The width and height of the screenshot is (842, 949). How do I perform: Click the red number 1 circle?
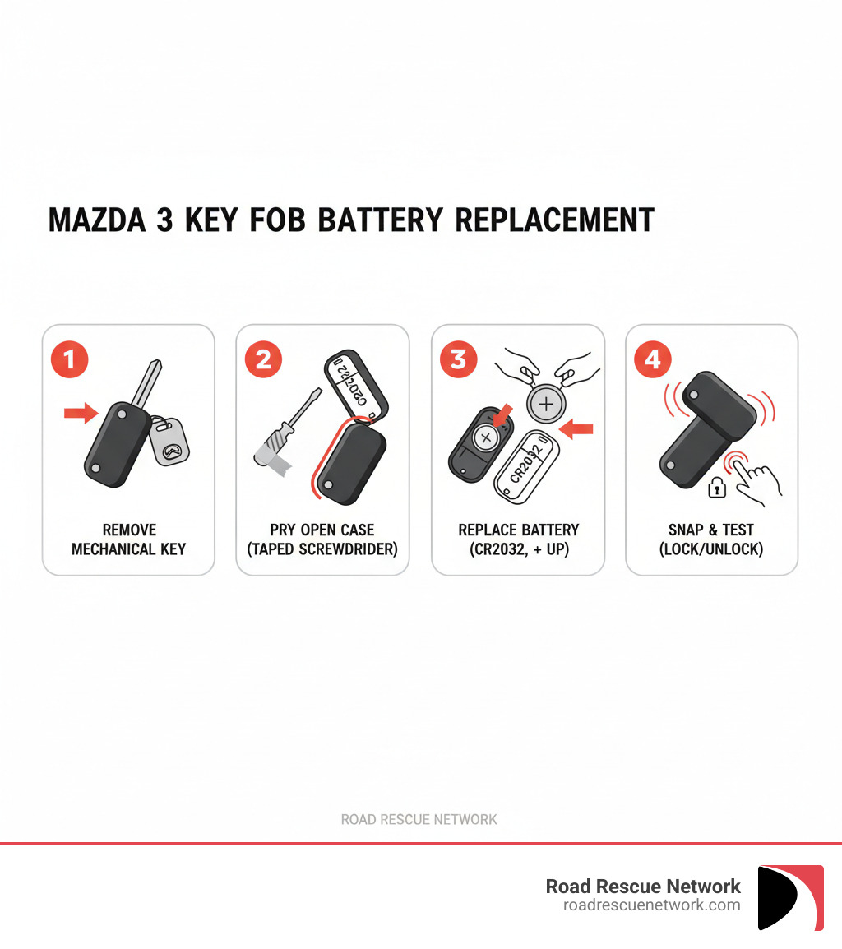point(69,359)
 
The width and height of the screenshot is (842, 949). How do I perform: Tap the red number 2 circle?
point(263,359)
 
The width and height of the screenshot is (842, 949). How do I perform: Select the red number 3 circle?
point(458,359)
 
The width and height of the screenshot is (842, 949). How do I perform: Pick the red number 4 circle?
point(653,359)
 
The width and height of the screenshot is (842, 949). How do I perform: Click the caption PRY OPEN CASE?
point(322,530)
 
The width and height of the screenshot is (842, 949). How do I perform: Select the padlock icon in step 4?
point(718,488)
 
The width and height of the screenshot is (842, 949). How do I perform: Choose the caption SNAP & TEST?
point(711,530)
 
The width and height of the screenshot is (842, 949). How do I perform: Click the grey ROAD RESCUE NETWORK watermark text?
point(419,819)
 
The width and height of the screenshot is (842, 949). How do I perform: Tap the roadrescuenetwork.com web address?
point(651,905)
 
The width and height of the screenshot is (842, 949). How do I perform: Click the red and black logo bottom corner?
point(790,897)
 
